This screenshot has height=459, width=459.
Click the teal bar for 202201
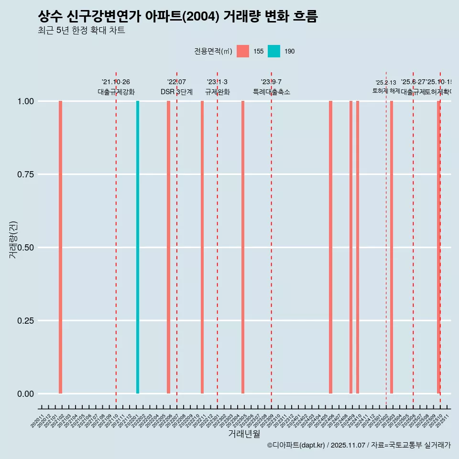(x=138, y=247)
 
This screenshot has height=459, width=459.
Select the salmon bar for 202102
(x=61, y=247)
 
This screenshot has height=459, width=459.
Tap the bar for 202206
(x=168, y=247)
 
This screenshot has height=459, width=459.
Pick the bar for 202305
(x=243, y=247)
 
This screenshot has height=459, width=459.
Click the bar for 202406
(x=330, y=247)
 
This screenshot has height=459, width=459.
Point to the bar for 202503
(x=392, y=247)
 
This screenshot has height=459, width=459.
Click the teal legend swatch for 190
(x=274, y=51)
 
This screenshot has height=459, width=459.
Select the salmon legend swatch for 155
(x=243, y=51)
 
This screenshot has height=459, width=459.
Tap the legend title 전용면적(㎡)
(x=213, y=51)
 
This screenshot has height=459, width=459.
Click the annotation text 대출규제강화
(x=116, y=92)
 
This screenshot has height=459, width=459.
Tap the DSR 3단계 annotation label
(x=176, y=92)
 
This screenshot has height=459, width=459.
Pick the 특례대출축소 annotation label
(x=272, y=92)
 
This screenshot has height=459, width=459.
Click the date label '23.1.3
(x=217, y=82)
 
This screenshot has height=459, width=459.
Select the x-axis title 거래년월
(x=244, y=434)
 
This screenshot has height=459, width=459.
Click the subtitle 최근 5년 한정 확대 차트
(x=81, y=31)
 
